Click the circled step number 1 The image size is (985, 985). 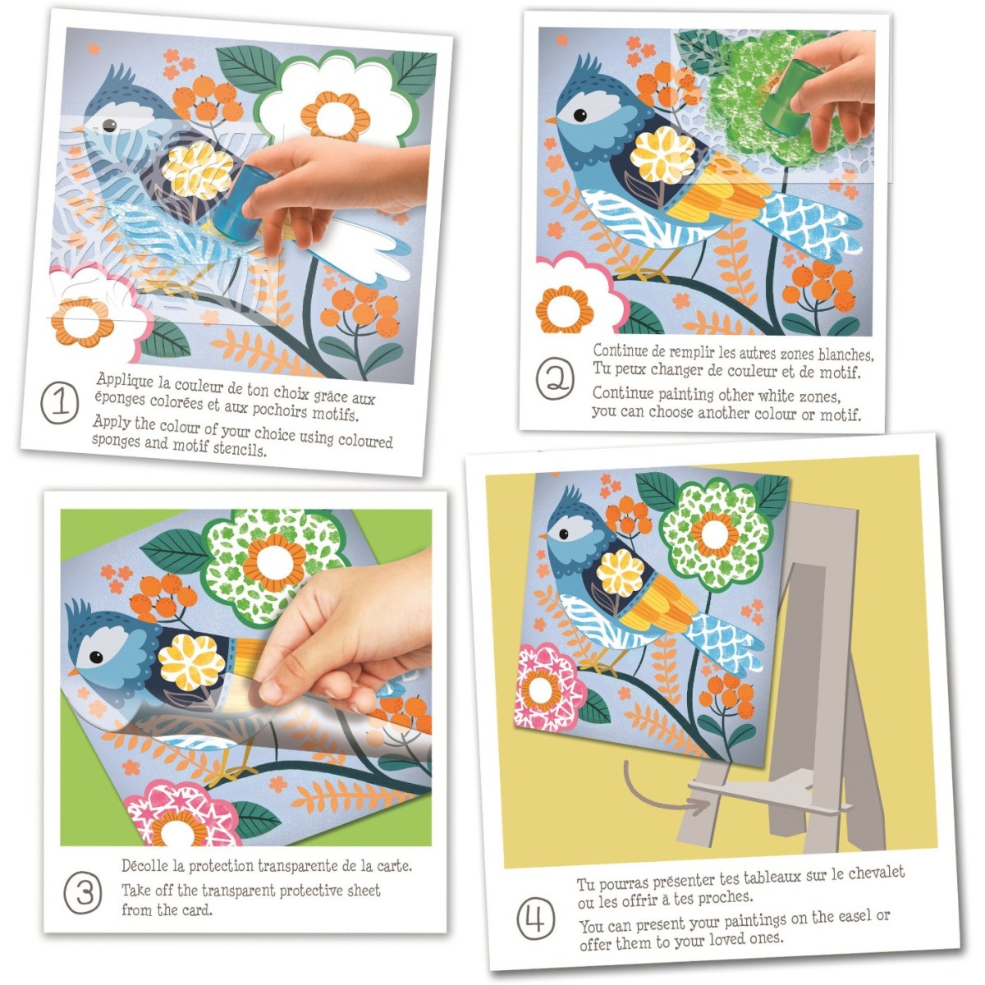point(60,403)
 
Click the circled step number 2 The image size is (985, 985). point(555,378)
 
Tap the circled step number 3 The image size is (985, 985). point(83,892)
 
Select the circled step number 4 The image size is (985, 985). point(536,919)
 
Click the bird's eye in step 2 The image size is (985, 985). point(580,115)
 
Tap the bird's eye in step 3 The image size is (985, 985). point(96,657)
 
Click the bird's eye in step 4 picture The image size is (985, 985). point(564,534)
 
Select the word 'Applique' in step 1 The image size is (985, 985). point(125,381)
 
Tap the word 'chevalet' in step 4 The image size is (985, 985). point(876,873)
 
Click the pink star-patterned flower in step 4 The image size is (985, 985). point(548,687)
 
